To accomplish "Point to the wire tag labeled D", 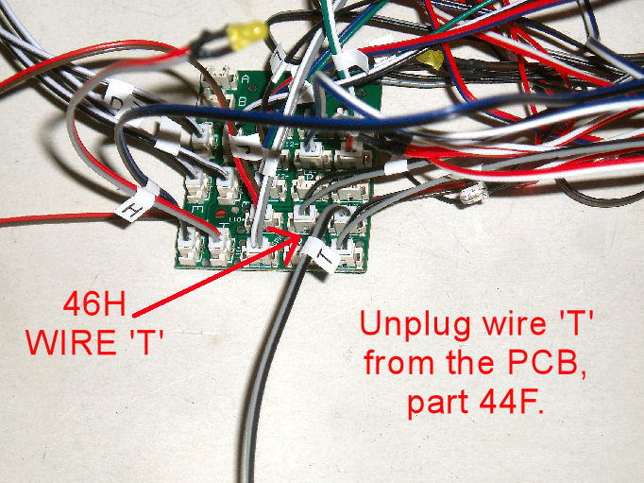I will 119,97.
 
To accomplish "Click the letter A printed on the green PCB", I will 245,79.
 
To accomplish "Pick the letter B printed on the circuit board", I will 244,100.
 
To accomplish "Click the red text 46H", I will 95,305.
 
